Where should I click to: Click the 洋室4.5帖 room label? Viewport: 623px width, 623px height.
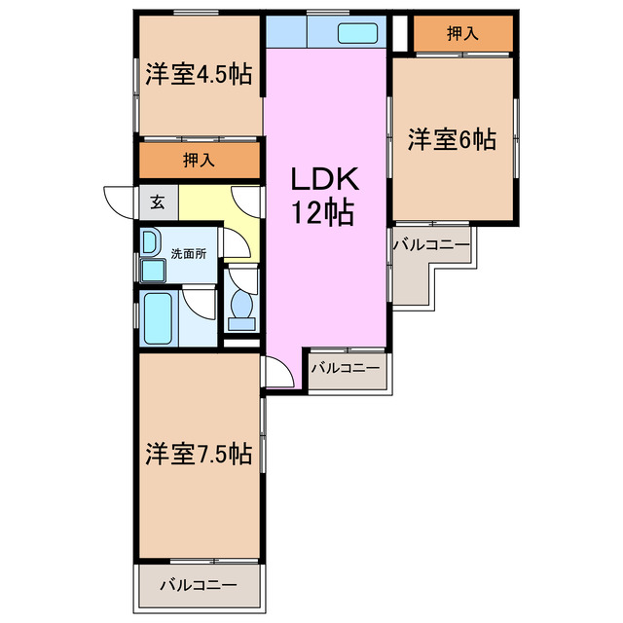click(x=200, y=75)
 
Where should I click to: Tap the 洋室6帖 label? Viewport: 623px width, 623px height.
click(x=452, y=140)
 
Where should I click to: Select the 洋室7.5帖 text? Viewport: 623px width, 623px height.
click(x=200, y=455)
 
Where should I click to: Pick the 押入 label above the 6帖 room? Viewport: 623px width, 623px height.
click(x=462, y=34)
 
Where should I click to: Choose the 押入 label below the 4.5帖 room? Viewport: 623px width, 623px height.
click(x=199, y=160)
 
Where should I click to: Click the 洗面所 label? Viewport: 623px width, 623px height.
click(x=188, y=253)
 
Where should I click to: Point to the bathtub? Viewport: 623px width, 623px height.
click(x=157, y=318)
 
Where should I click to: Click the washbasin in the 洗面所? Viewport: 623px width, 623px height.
click(x=150, y=240)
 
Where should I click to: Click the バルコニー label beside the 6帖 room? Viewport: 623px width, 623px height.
click(x=431, y=244)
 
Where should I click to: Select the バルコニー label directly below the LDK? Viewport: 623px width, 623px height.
click(x=345, y=369)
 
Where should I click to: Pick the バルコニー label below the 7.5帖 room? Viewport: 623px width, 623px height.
click(x=199, y=586)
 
